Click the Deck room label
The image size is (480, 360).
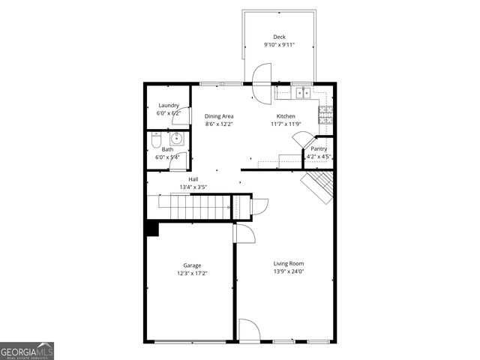tap(279, 37)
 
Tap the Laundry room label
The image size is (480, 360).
tap(169, 106)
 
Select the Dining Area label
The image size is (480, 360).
tap(219, 116)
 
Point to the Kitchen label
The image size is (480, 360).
tap(286, 116)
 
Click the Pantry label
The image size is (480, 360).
tap(319, 148)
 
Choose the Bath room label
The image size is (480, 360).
tap(167, 149)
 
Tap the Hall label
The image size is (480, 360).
tap(193, 179)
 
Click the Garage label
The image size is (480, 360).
tap(192, 265)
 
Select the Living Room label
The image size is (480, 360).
tap(288, 263)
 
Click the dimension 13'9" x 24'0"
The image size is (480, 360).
tap(288, 271)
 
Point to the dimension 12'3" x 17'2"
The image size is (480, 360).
tap(192, 274)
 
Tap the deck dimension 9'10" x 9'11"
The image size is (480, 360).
tap(279, 45)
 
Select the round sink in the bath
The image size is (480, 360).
tap(177, 138)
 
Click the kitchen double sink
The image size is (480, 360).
tap(302, 93)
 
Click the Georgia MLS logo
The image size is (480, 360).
tap(27, 351)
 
